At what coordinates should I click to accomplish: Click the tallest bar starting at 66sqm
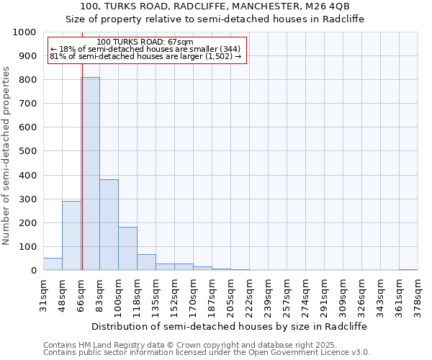point(90,174)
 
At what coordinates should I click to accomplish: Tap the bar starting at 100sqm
point(127,248)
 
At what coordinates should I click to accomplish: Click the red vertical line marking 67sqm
point(82,180)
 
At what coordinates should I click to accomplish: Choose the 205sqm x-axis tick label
point(231,294)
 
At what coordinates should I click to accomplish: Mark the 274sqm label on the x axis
point(306,294)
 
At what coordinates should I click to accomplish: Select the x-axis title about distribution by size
point(230,326)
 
